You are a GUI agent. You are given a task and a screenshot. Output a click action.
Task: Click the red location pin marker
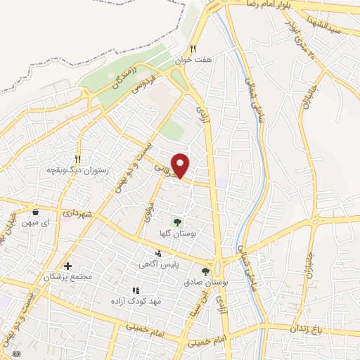[181, 165]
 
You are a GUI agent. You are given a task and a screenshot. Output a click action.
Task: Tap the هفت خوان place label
[193, 61]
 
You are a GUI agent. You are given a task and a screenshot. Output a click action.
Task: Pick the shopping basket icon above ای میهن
[35, 211]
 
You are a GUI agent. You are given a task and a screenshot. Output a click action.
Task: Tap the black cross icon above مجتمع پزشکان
[67, 266]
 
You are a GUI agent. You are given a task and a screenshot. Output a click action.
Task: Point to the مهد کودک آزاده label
[136, 301]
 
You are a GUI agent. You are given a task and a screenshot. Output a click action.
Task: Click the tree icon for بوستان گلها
[177, 223]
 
